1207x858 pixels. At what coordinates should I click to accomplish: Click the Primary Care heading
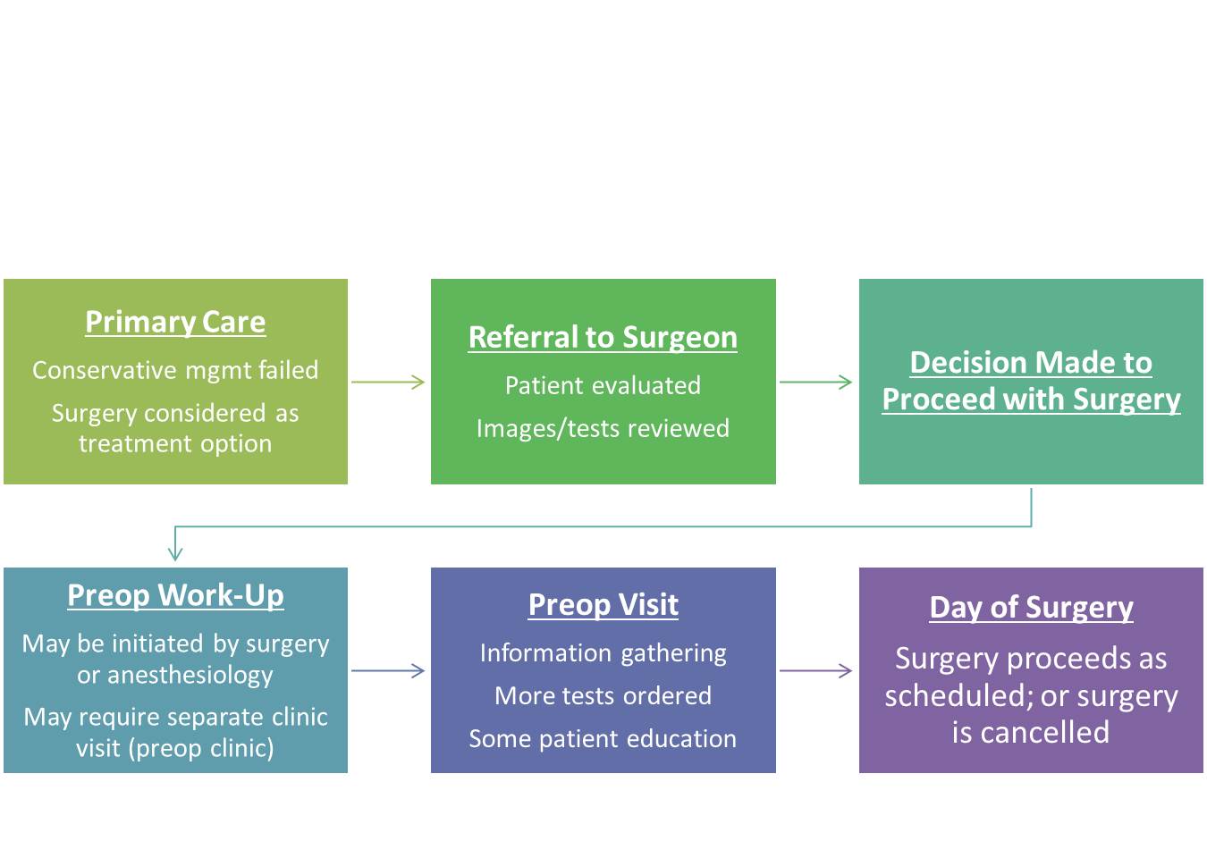(x=175, y=323)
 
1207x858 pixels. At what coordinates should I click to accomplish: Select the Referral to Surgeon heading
(x=603, y=338)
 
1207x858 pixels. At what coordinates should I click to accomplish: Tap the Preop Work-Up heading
(x=175, y=596)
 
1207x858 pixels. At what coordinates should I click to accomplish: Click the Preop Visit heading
(x=603, y=605)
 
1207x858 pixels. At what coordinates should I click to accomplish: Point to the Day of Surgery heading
(x=1031, y=608)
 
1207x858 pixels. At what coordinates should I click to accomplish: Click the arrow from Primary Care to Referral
(x=388, y=382)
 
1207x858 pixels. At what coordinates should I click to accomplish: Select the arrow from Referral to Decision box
(x=815, y=382)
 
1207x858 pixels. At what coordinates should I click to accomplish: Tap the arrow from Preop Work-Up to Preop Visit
(x=388, y=670)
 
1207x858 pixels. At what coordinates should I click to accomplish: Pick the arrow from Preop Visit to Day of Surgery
(x=815, y=670)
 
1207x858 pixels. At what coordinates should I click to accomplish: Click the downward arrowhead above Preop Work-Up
(x=175, y=554)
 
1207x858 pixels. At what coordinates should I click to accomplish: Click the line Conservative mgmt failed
(x=175, y=370)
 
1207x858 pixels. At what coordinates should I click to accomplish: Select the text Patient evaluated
(x=603, y=385)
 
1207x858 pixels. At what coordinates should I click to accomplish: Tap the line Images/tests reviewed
(x=603, y=429)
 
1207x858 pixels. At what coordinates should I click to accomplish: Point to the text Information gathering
(x=603, y=654)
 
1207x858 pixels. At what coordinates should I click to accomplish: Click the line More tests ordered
(x=603, y=696)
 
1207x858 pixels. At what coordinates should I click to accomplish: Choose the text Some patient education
(x=603, y=739)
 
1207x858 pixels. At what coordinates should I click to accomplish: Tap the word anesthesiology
(x=190, y=676)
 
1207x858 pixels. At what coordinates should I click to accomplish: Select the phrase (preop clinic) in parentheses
(x=201, y=749)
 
